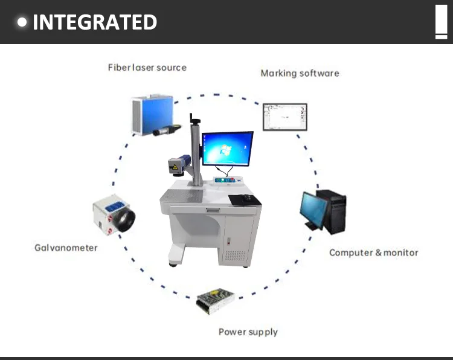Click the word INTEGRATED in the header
coord(95,22)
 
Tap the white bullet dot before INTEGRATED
coord(23,22)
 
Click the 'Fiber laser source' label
coord(147,67)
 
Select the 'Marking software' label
coord(300,73)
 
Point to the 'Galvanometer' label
coord(66,248)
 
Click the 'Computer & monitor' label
coord(373,252)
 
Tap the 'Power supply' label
coord(248,332)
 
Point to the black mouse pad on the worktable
coord(243,198)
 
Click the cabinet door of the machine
coord(239,239)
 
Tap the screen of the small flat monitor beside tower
coord(313,209)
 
